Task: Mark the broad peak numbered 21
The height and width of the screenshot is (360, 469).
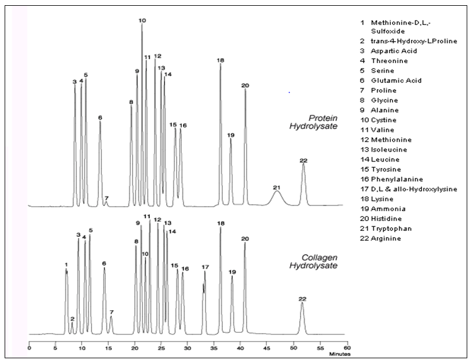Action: pyautogui.click(x=277, y=195)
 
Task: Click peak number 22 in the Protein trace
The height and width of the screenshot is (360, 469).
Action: pyautogui.click(x=303, y=174)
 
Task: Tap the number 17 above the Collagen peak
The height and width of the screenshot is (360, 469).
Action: pyautogui.click(x=204, y=267)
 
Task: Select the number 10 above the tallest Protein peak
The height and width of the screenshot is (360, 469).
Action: pyautogui.click(x=142, y=20)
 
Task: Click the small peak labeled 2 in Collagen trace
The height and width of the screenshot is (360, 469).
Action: pyautogui.click(x=72, y=326)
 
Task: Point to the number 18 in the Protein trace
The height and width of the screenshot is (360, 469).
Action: pyautogui.click(x=220, y=60)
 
